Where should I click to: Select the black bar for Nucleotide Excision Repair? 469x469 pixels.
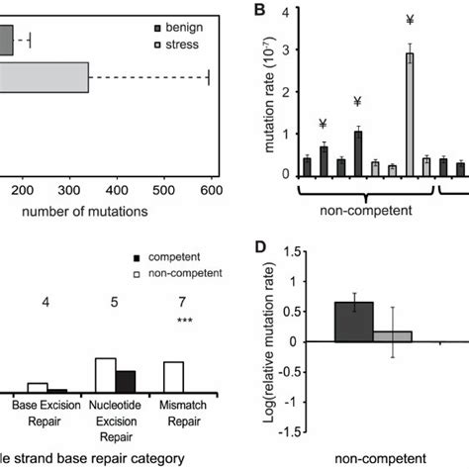pyautogui.click(x=125, y=383)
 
